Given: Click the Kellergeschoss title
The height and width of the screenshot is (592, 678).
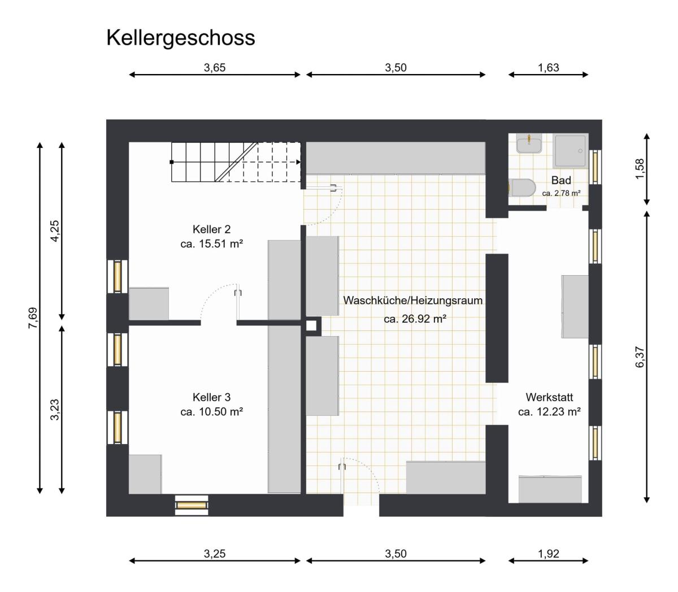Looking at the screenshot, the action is click(181, 38).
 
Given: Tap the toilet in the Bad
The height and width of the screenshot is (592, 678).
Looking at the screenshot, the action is click(521, 188).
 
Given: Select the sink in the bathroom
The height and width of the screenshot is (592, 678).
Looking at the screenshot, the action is click(529, 143).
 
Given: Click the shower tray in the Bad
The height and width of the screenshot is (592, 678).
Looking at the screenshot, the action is click(570, 150).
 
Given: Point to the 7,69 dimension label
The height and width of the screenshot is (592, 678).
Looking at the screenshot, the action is click(33, 318).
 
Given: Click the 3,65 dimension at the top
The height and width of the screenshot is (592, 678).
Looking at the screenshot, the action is click(214, 68).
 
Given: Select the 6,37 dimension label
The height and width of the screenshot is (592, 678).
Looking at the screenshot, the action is click(640, 357).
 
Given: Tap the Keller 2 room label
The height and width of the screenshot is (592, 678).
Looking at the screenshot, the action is click(211, 229).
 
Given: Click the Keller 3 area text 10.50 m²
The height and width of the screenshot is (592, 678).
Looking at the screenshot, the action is click(221, 412).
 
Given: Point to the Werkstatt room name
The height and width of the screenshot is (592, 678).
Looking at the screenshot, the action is click(549, 397).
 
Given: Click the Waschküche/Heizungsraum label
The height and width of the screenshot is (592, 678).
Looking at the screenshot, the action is click(412, 301).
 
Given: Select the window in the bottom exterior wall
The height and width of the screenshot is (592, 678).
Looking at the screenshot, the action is click(192, 505).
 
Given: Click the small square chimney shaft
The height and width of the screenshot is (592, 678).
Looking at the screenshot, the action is click(311, 326).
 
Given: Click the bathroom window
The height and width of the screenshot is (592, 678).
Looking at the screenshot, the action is click(595, 167).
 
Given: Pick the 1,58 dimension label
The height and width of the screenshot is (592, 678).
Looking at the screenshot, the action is click(640, 169).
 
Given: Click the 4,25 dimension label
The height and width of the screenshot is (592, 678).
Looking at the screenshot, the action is click(55, 231).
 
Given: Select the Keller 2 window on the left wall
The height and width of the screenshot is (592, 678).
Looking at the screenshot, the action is click(118, 276).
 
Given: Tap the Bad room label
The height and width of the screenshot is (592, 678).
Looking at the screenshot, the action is click(561, 180).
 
